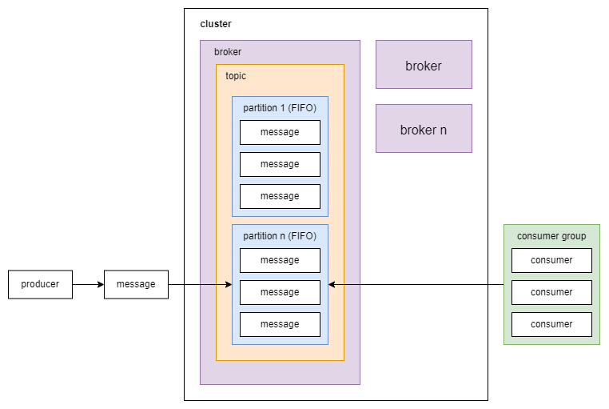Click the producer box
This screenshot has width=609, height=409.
(x=40, y=284)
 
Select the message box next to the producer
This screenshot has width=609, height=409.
(x=136, y=284)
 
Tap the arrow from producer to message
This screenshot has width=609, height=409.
(x=88, y=284)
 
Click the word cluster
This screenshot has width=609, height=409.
(x=216, y=24)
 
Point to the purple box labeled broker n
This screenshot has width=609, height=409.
(x=424, y=129)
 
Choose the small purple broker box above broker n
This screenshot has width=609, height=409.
(x=424, y=65)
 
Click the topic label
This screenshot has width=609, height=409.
(x=236, y=76)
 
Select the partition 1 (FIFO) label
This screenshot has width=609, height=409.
(x=280, y=108)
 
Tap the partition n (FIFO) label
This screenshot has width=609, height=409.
(x=280, y=236)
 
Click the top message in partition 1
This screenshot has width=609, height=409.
(x=280, y=132)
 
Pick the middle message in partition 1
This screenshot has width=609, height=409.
(x=280, y=164)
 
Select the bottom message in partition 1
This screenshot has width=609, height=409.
(x=280, y=196)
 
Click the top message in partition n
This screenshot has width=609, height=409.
(x=280, y=260)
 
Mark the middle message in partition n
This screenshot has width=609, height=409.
(x=280, y=292)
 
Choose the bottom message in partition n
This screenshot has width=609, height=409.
(x=280, y=324)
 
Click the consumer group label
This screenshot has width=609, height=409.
(x=551, y=236)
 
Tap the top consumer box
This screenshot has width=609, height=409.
(x=551, y=260)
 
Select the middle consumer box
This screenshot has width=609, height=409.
(x=551, y=292)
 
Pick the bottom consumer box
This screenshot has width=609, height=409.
(x=551, y=324)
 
